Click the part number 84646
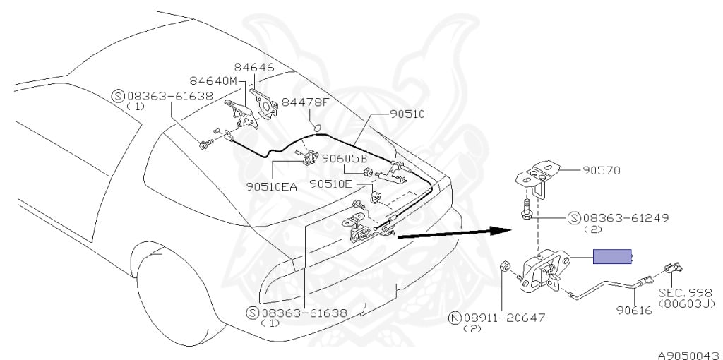[x=255, y=68]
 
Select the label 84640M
[x=213, y=80]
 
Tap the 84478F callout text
[x=306, y=102]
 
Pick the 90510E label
[x=330, y=184]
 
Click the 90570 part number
[x=604, y=170]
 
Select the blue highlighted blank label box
[x=612, y=257]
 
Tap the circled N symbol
[x=455, y=318]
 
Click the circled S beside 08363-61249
[x=575, y=218]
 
